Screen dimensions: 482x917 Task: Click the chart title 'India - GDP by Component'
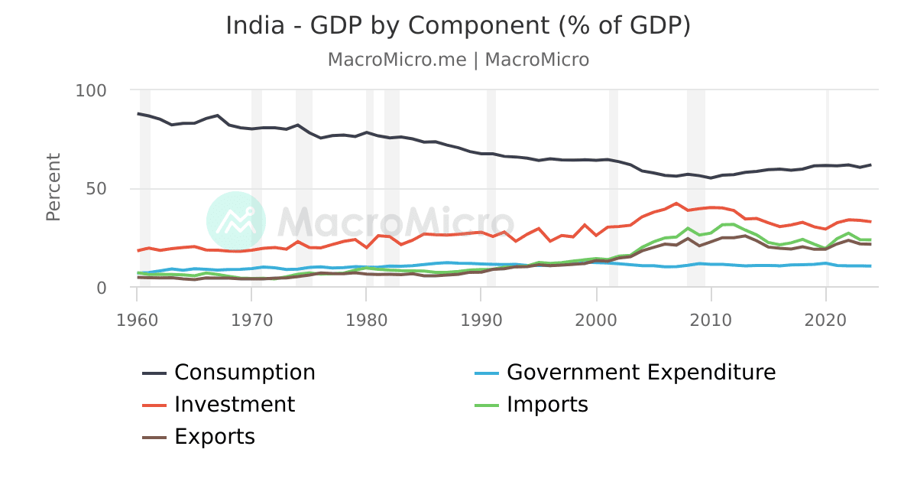pyautogui.click(x=458, y=25)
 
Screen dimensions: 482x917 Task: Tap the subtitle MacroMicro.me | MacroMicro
pyautogui.click(x=458, y=60)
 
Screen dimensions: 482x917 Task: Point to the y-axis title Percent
pyautogui.click(x=53, y=187)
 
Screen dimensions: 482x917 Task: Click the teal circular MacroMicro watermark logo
pyautogui.click(x=236, y=221)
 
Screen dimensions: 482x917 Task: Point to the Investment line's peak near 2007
pyautogui.click(x=676, y=204)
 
